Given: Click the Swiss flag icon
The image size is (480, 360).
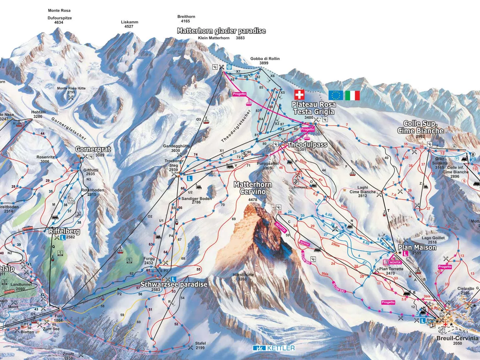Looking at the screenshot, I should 299,95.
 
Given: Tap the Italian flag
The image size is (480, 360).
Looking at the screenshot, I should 352,96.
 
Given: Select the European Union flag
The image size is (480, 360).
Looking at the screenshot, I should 336,96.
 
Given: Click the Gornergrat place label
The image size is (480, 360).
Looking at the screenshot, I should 93,149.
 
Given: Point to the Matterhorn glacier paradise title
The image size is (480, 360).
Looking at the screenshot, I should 221,31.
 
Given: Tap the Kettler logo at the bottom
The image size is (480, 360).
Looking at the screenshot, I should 274,348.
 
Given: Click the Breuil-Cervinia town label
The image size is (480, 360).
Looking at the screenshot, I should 457,338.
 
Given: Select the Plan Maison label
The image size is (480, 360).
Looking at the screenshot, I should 417,247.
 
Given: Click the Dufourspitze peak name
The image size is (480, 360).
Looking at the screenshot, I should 60,18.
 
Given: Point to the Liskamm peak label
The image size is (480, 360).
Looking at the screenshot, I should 129,22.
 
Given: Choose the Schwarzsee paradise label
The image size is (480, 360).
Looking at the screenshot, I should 174,284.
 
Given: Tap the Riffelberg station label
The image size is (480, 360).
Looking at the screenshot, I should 64,231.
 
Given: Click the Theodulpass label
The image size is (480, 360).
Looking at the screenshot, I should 307,144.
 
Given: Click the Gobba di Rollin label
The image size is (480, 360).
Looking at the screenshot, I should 265,59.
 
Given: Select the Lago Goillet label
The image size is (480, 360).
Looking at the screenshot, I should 433,238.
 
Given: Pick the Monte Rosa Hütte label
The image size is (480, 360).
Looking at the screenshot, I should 71,88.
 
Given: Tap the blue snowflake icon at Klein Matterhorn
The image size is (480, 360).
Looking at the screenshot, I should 229,67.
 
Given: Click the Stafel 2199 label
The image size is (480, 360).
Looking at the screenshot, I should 200,343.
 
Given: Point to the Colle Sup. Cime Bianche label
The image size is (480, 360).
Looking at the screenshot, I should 420,127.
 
